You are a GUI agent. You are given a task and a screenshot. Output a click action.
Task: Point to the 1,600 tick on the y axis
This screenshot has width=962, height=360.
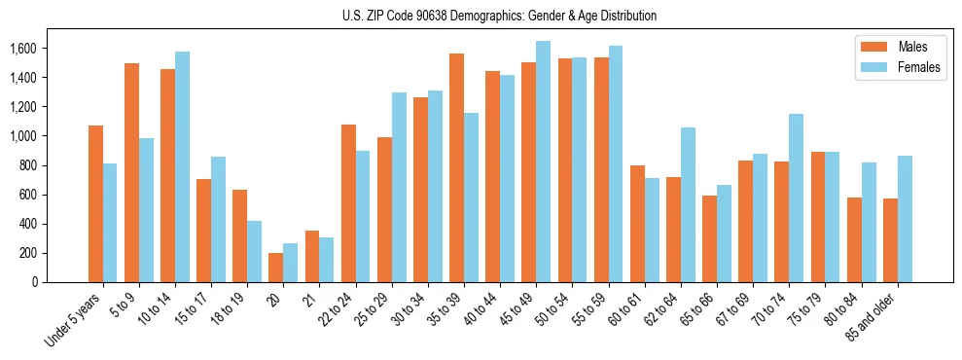coord(51,49)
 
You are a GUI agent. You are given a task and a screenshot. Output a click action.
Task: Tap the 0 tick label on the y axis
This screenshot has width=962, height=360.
coord(61,282)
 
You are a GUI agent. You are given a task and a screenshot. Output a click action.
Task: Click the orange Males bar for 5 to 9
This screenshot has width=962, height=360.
coord(131,172)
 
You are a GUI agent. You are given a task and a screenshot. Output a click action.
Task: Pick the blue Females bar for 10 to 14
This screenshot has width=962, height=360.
coord(182,166)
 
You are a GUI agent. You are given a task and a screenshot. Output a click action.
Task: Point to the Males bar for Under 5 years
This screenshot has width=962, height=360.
coord(95,203)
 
